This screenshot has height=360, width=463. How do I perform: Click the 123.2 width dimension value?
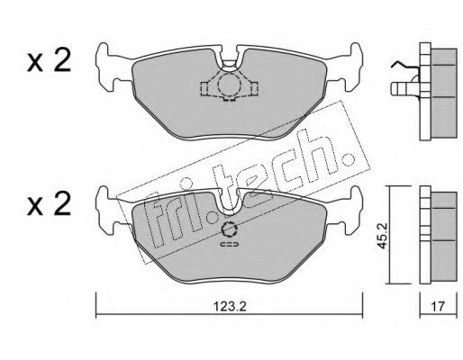coord(230,307)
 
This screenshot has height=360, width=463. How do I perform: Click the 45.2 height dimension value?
coord(382,235)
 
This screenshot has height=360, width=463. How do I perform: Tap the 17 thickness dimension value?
coord(438,307)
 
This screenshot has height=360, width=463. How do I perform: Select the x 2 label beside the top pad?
coord(49,60)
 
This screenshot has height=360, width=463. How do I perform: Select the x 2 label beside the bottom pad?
coord(49,203)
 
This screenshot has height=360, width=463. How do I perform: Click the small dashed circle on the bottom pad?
coord(229,229)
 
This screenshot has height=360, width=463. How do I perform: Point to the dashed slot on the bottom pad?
coord(230,245)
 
